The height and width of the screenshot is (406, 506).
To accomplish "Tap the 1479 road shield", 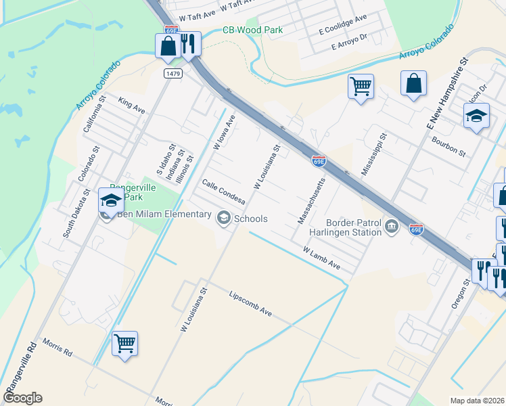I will pyautogui.click(x=173, y=73).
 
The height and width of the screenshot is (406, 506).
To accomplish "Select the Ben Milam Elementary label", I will pyautogui.click(x=164, y=215).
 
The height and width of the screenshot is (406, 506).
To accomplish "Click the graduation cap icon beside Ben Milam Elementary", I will pyautogui.click(x=111, y=200).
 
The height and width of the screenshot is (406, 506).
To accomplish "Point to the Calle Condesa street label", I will pyautogui.click(x=223, y=191).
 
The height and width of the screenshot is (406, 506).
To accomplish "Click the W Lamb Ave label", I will pyautogui.click(x=321, y=258).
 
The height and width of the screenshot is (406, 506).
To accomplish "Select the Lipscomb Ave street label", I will pyautogui.click(x=250, y=304).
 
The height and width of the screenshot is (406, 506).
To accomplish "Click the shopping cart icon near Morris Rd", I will pyautogui.click(x=125, y=344).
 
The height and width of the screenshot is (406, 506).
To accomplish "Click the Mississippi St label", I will pyautogui.click(x=373, y=154).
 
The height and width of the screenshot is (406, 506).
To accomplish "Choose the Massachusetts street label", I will pyautogui.click(x=312, y=200).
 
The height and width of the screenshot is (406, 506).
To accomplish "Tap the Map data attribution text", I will pyautogui.click(x=477, y=401).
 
